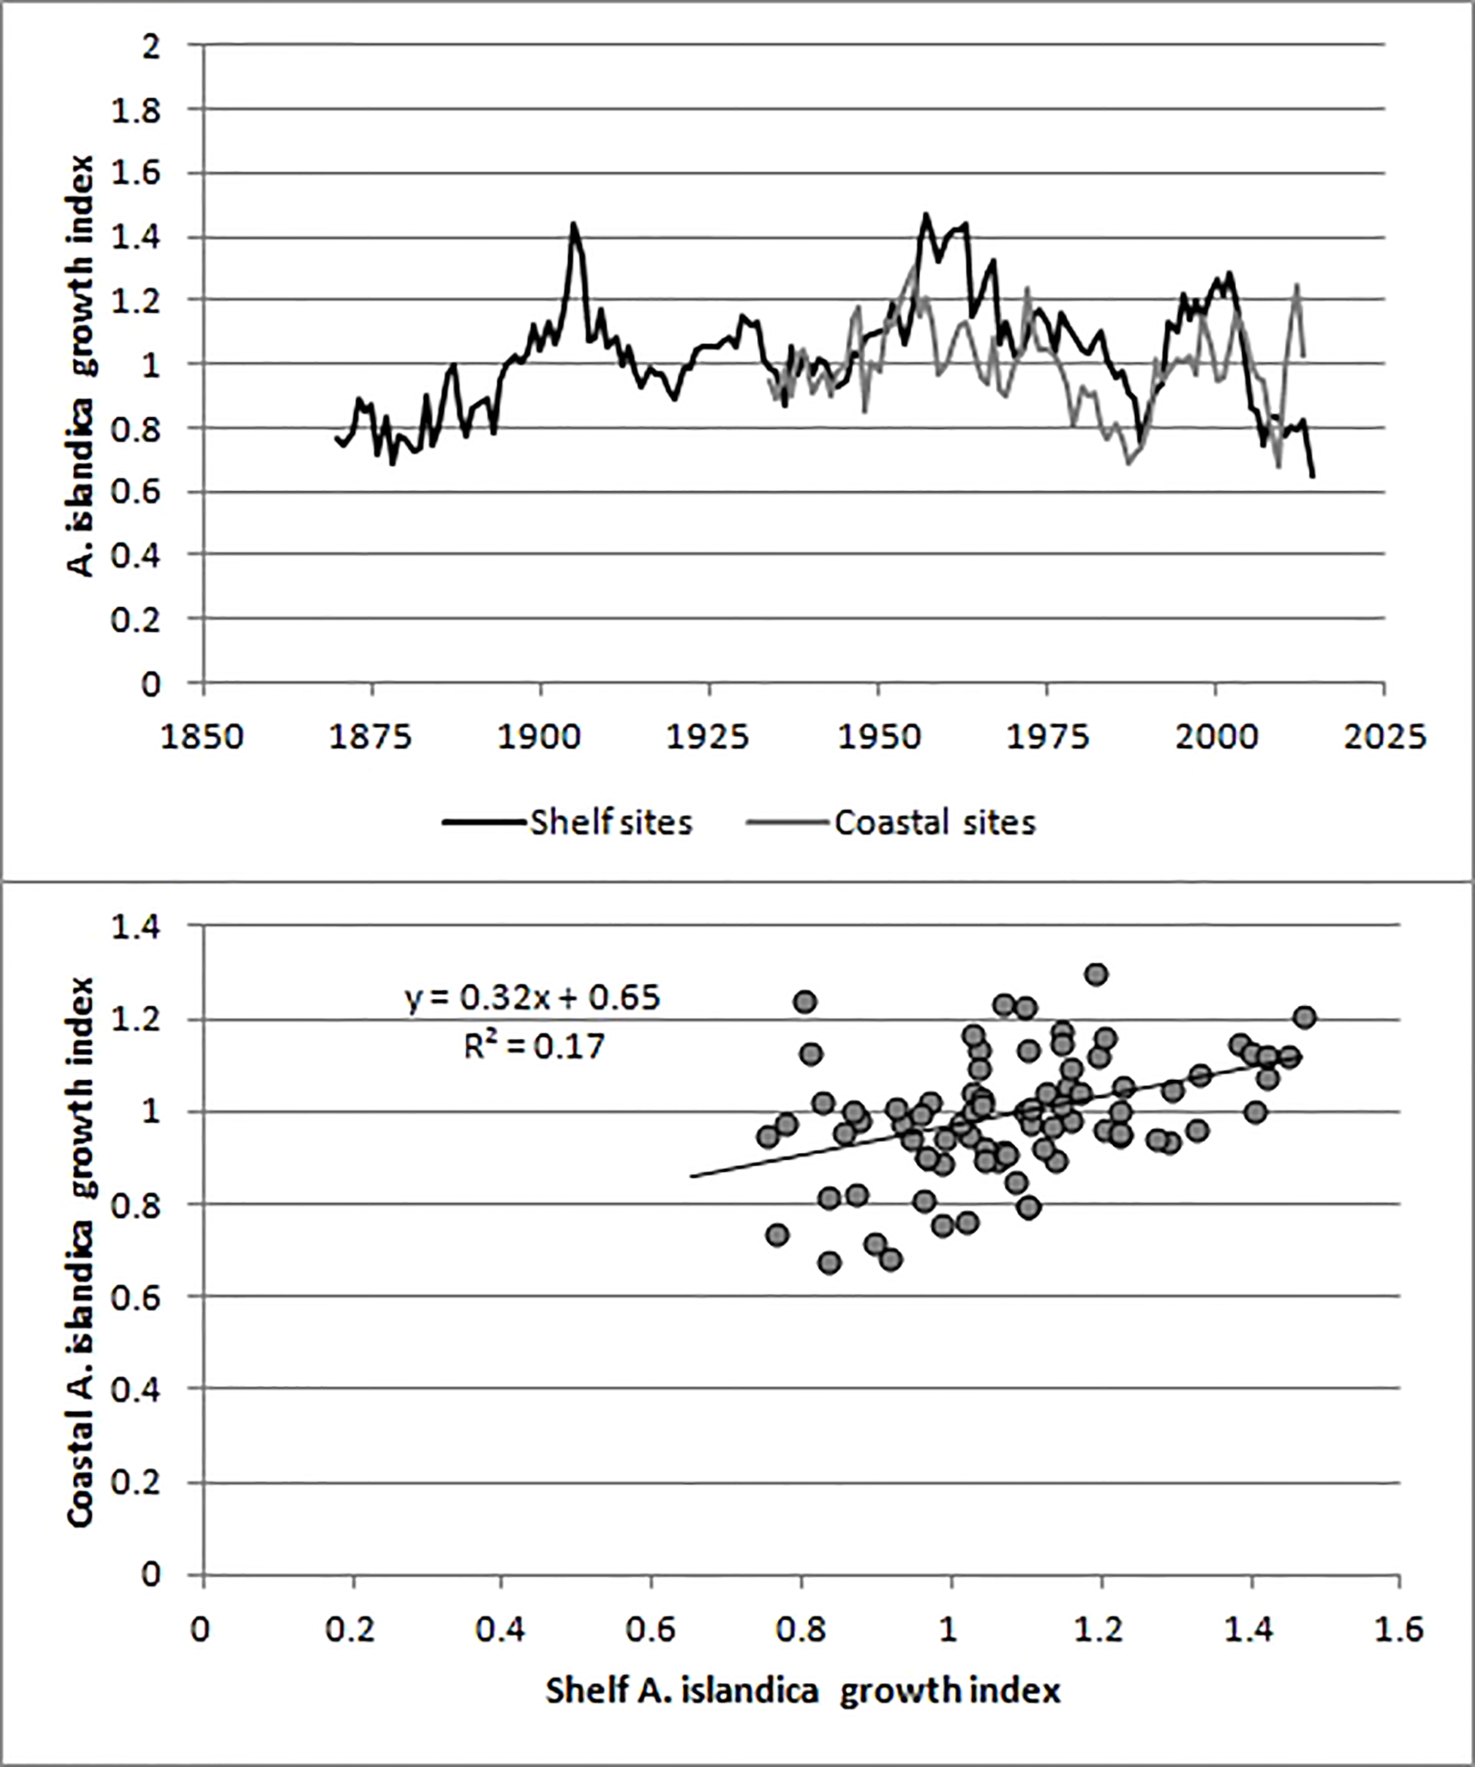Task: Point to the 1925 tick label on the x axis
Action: [x=707, y=737]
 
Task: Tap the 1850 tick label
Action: [x=202, y=737]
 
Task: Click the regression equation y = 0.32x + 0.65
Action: [x=534, y=997]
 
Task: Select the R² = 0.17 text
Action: [x=534, y=1046]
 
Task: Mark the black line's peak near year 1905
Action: [x=573, y=225]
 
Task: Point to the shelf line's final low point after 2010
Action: [x=1312, y=476]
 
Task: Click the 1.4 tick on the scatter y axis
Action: [x=137, y=927]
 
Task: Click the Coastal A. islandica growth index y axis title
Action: [x=81, y=1250]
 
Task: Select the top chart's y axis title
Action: [x=81, y=365]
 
